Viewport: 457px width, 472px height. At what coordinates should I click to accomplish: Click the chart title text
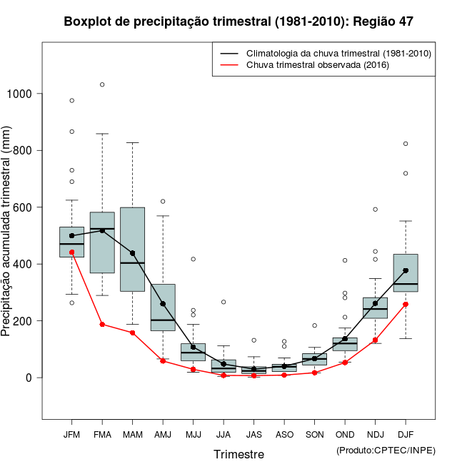click(238, 21)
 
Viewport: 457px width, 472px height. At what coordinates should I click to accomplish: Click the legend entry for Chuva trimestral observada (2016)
click(317, 65)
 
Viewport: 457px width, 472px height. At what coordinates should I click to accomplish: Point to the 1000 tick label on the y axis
click(21, 94)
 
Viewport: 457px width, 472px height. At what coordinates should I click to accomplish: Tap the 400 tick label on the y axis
click(25, 264)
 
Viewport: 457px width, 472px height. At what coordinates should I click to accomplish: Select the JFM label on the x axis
click(71, 434)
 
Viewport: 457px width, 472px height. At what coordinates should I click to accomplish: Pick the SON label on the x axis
click(314, 434)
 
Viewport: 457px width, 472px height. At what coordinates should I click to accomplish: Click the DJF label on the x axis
click(406, 434)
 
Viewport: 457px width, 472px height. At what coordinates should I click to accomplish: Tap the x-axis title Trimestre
click(238, 454)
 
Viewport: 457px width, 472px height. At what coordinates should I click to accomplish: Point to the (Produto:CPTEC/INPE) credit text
click(386, 450)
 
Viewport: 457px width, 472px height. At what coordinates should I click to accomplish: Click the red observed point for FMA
click(102, 324)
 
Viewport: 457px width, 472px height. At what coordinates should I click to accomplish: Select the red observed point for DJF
click(406, 304)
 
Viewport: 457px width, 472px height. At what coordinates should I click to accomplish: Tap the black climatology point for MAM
click(133, 253)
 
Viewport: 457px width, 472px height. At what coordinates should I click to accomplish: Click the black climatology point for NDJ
click(375, 303)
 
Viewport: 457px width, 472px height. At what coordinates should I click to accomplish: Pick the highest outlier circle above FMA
click(102, 84)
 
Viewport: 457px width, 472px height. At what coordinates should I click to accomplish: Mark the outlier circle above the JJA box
click(224, 302)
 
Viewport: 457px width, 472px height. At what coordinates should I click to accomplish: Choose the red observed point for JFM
click(71, 252)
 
